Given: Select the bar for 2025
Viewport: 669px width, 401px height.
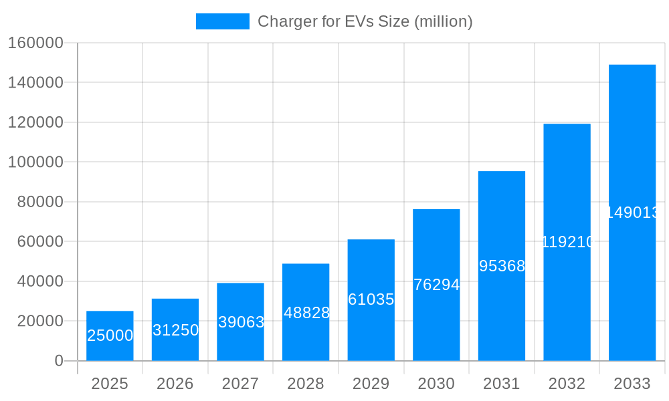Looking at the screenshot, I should [110, 336].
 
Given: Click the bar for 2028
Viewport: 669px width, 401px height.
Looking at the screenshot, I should [306, 312].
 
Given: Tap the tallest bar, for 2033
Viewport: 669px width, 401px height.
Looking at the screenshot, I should [632, 213].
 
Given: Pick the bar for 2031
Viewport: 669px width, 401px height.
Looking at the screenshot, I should [501, 266].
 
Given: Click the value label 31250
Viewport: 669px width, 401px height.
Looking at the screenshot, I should [175, 330].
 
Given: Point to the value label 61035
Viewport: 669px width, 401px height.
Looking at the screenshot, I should [371, 299].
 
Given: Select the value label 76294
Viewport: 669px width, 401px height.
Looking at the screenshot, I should [436, 285].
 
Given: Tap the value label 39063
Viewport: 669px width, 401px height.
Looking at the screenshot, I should [241, 322].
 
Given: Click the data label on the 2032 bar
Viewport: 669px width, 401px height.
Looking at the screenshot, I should [567, 242].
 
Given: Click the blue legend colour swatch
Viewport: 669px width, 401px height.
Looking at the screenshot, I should [222, 21].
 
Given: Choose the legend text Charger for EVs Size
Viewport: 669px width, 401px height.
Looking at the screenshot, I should [365, 21].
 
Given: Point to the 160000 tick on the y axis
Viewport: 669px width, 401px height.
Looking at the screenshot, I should [35, 43].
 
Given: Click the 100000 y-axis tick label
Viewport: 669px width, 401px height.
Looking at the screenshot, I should [35, 162].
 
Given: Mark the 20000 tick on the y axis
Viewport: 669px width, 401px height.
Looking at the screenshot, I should [39, 321].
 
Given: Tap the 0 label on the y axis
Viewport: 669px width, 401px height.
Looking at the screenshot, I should [59, 361].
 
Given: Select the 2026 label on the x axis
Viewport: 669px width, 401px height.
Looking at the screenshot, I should [175, 384].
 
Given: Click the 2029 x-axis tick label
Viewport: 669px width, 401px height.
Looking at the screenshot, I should [371, 384].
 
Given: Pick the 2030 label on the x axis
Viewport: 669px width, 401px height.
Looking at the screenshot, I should [436, 384].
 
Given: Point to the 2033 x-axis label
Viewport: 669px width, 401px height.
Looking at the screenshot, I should [632, 384].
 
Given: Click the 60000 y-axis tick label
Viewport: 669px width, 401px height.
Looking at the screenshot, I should [39, 241].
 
